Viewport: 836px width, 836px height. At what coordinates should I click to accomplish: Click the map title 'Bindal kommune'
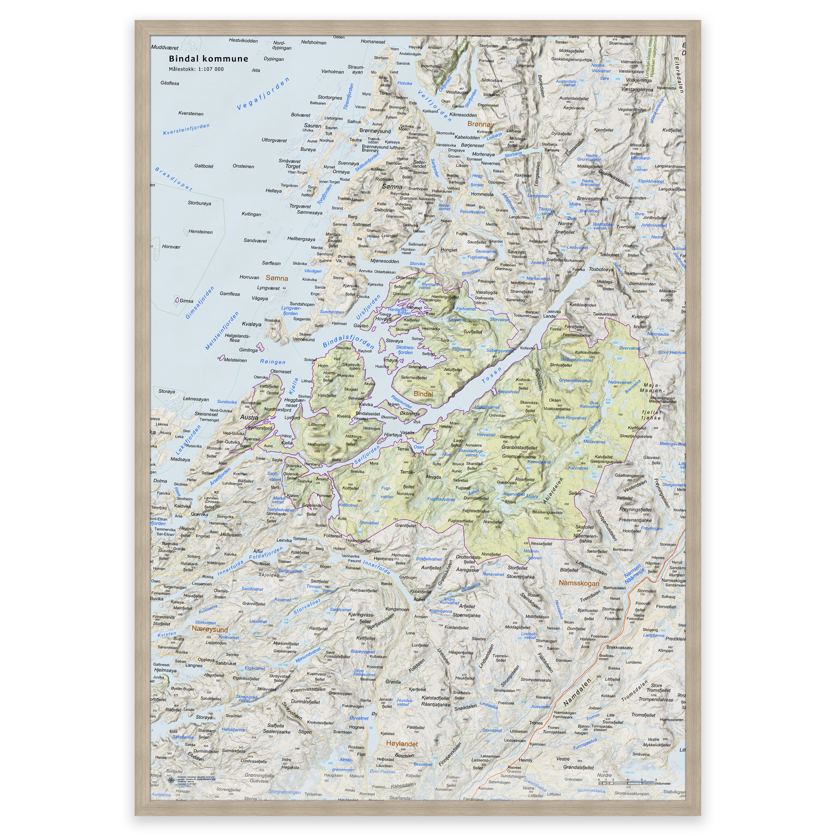coord(208,59)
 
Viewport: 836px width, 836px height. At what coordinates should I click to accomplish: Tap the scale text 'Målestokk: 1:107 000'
coord(196,69)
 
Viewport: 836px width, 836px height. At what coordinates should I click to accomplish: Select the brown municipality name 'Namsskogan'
coord(579,583)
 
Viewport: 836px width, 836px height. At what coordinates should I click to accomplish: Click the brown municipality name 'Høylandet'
coord(402,744)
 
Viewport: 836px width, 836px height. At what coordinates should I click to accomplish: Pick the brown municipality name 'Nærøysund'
coord(209,629)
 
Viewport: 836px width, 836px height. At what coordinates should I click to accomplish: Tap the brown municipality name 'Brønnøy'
coord(480,124)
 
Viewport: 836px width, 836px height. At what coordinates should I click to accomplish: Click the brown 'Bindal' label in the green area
coord(423,394)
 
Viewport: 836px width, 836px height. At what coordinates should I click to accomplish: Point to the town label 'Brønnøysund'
coord(375,131)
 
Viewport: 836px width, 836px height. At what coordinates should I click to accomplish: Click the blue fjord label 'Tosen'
coord(492,375)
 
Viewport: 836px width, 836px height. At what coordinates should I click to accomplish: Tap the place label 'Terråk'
coord(403,449)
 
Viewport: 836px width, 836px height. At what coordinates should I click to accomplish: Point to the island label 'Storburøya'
coord(200,203)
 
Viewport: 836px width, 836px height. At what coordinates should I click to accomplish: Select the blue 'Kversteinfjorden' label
coord(186,129)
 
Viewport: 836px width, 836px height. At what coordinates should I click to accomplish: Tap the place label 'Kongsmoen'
coord(397,609)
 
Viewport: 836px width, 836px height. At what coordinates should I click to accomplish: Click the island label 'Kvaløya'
coord(251,324)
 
